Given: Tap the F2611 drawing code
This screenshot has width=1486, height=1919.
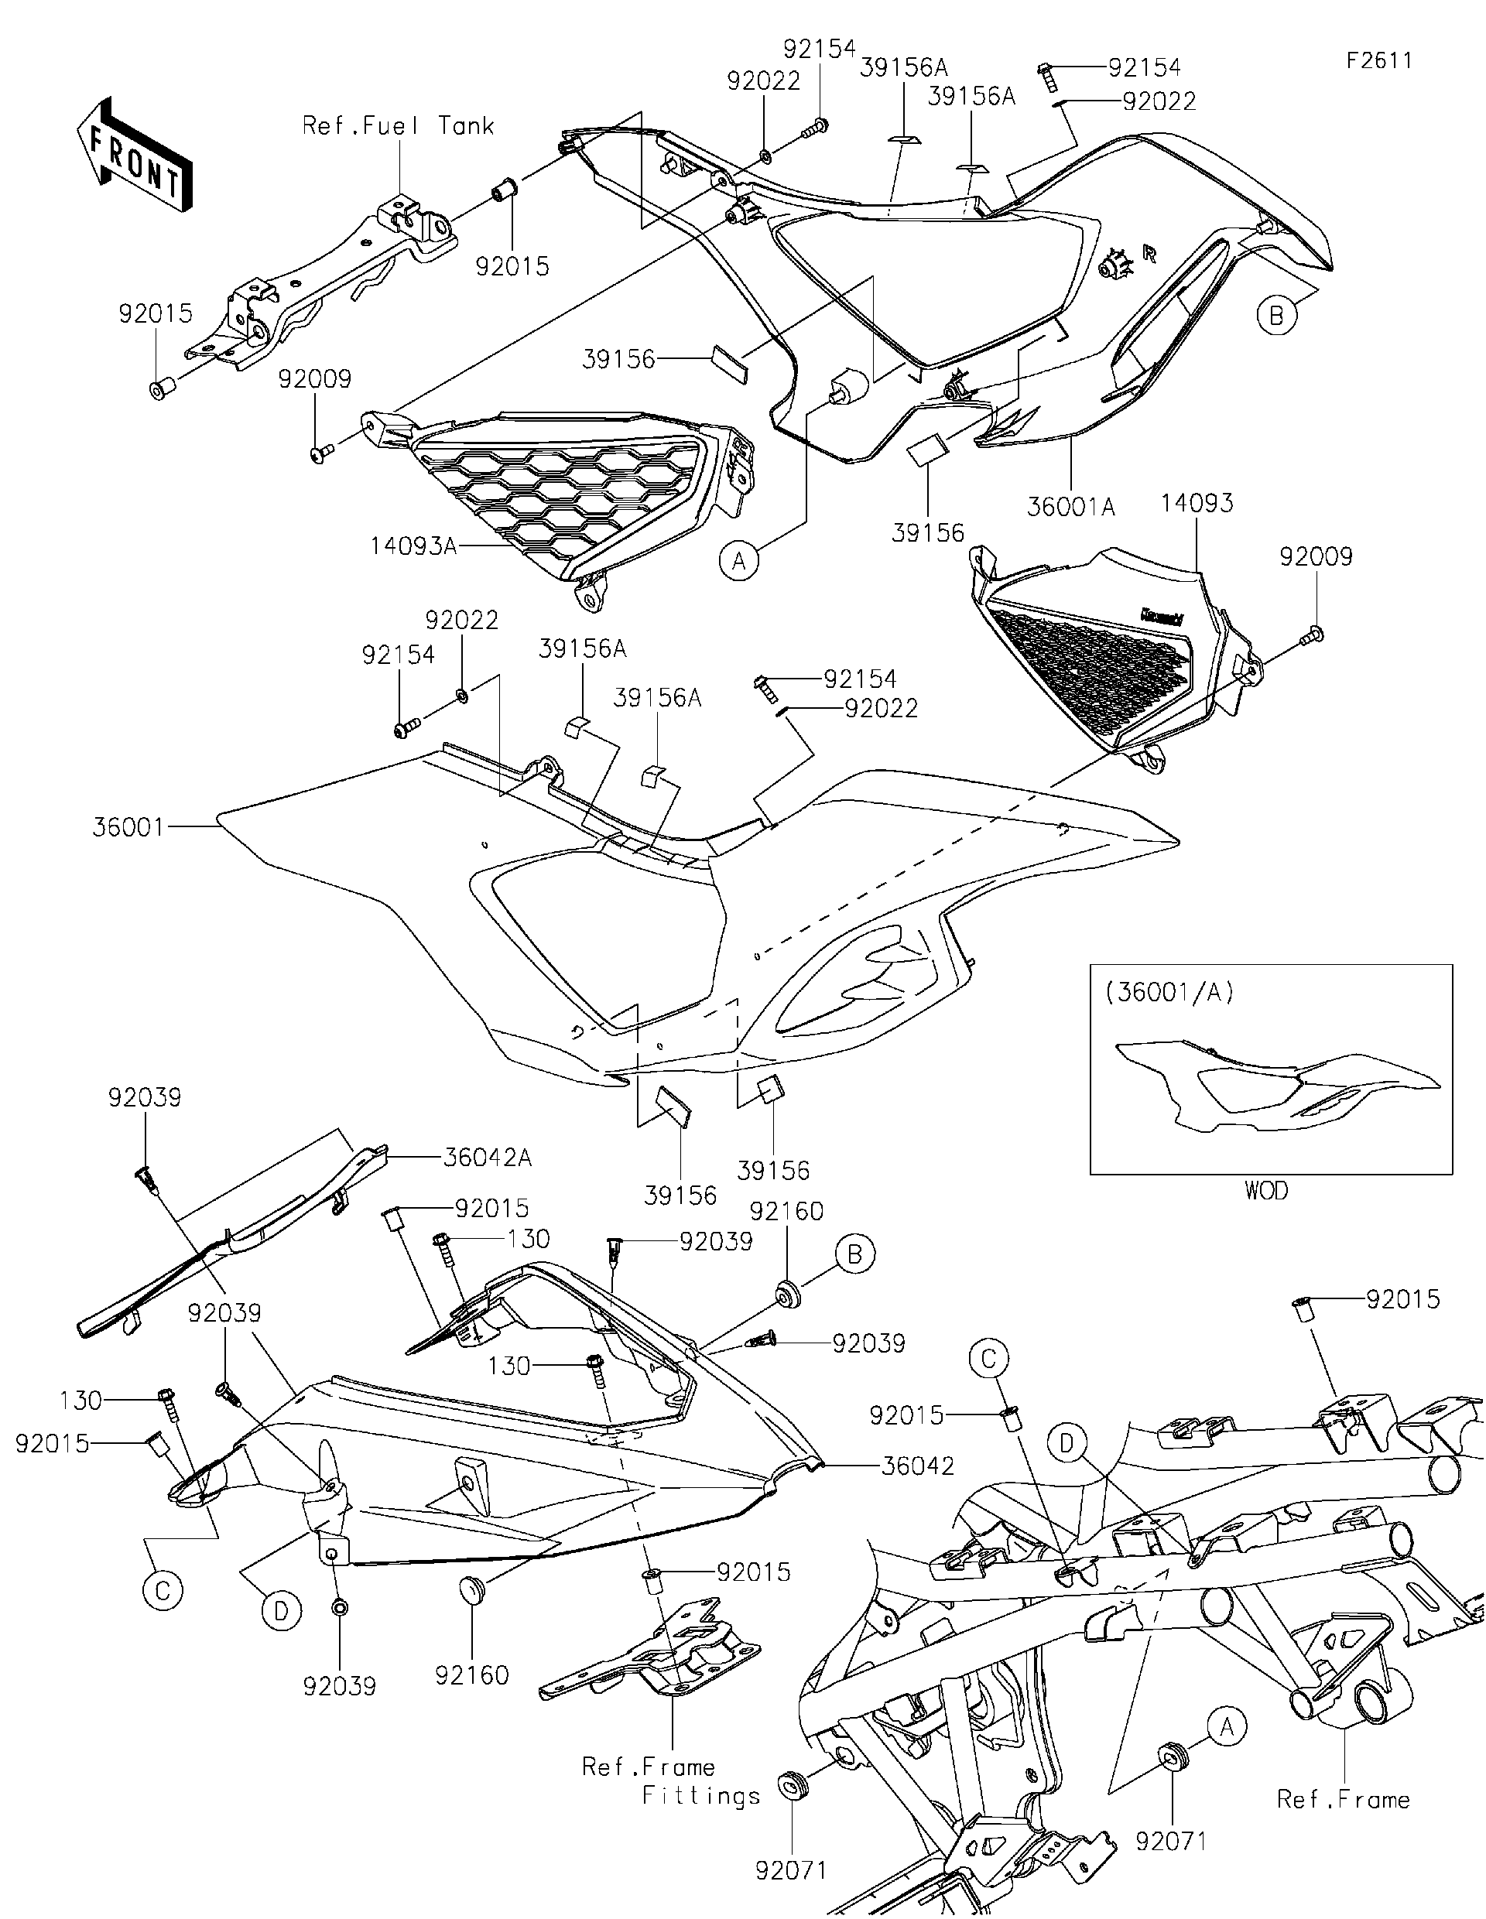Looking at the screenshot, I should click(1380, 60).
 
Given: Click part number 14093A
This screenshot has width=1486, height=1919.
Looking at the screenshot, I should click(413, 546).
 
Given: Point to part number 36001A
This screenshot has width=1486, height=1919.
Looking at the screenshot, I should click(1070, 507).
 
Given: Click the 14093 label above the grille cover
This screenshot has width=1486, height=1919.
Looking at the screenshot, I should click(1196, 504).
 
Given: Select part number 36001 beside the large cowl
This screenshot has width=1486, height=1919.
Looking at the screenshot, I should click(128, 827).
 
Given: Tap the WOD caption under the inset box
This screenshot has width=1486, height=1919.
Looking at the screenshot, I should click(1265, 1191).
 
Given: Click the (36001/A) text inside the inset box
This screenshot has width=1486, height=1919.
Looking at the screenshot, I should click(1169, 992).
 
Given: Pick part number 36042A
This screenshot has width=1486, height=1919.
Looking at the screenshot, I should click(487, 1157).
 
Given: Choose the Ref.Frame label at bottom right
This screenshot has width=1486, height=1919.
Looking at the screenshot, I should click(1343, 1800).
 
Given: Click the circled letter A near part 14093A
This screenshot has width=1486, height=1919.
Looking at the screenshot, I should click(739, 559).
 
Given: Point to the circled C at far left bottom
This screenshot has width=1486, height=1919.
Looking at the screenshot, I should click(163, 1591).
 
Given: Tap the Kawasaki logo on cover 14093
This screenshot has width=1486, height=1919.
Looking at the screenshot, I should click(1161, 617).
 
